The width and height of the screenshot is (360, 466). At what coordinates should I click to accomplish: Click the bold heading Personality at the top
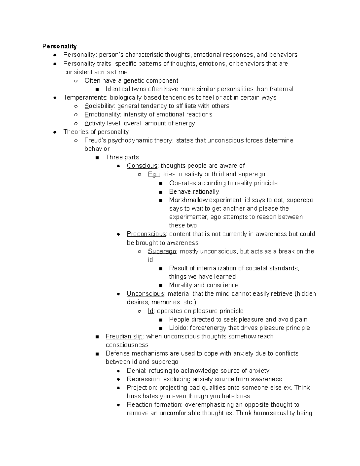59,46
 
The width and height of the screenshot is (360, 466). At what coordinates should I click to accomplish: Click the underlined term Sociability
100,106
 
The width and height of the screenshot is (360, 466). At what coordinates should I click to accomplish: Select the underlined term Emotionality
103,114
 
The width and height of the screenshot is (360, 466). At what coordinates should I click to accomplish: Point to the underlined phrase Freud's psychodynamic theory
128,140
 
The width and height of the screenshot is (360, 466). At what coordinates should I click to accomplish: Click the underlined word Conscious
142,166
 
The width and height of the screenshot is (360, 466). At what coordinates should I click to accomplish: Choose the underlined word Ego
154,174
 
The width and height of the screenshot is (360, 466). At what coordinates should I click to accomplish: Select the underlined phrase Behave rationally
194,191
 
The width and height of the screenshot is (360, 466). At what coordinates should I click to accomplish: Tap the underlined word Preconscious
146,234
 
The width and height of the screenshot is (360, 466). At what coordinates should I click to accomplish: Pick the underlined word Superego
162,251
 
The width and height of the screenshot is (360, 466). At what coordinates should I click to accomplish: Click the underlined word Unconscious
145,293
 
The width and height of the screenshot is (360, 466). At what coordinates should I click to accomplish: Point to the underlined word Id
151,311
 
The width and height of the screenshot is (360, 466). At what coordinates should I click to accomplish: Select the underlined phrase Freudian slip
124,336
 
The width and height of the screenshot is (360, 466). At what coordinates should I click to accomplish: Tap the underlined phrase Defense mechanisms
137,353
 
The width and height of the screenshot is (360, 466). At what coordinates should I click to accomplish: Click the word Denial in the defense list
136,371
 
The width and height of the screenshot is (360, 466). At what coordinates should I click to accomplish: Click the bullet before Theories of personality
55,132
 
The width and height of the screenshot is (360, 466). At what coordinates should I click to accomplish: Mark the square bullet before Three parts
97,158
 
